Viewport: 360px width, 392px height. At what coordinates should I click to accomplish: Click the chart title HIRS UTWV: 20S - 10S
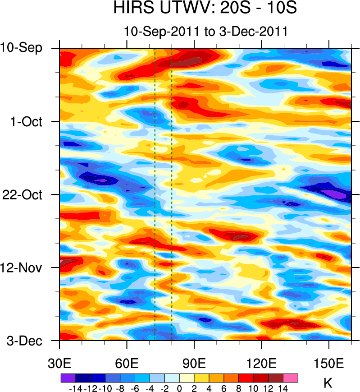pyautogui.click(x=205, y=9)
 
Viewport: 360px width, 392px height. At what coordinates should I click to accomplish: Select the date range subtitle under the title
pyautogui.click(x=205, y=31)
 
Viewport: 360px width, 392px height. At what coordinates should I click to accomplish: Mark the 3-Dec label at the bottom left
pyautogui.click(x=24, y=341)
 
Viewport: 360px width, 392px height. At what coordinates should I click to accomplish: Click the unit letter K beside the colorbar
pyautogui.click(x=328, y=383)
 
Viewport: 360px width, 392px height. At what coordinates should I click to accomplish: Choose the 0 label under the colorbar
pyautogui.click(x=179, y=387)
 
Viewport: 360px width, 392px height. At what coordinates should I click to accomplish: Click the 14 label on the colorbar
pyautogui.click(x=283, y=387)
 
